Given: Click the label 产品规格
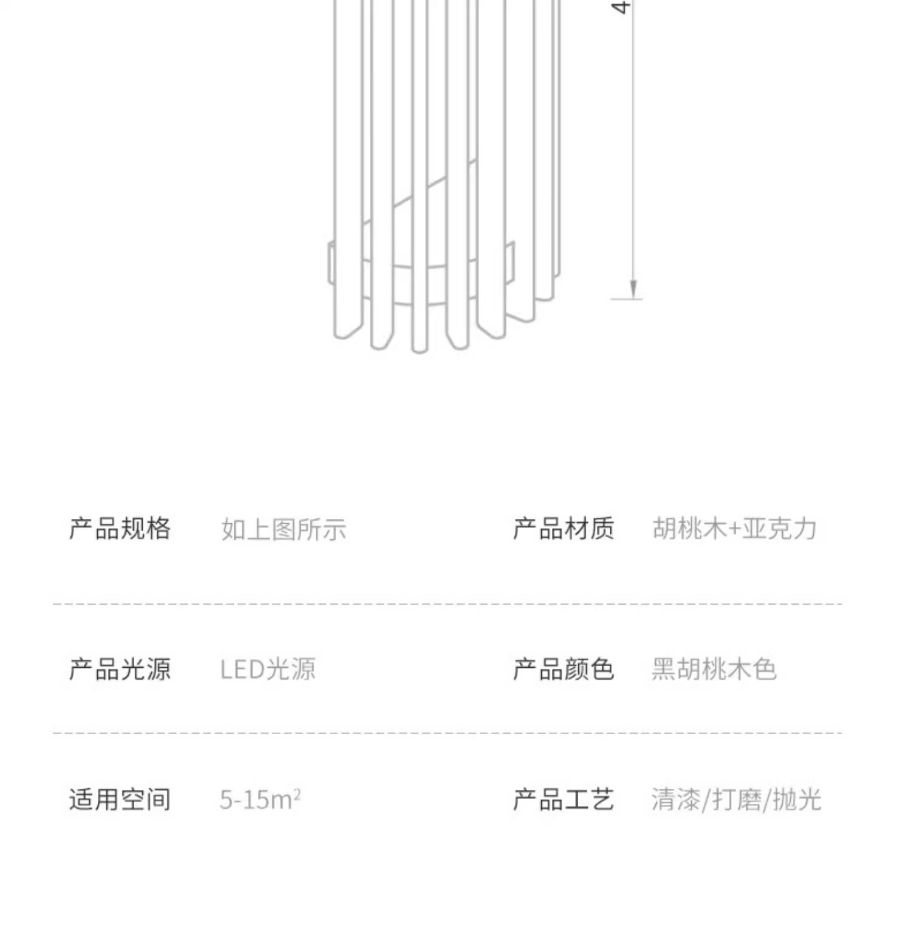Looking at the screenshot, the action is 120,529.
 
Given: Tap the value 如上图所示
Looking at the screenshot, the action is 284,530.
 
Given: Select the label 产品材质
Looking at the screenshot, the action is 563,529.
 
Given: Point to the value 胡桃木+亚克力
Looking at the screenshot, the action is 734,529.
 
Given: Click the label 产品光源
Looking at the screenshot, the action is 120,669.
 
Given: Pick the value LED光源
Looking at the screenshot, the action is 268,670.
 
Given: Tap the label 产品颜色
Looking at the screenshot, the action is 563,669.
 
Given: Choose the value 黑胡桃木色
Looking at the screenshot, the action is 714,669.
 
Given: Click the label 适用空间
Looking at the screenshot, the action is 120,799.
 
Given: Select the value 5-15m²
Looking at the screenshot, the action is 260,800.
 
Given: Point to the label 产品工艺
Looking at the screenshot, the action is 563,799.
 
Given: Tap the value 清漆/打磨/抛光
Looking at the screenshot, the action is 736,800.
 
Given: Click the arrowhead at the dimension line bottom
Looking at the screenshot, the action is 633,289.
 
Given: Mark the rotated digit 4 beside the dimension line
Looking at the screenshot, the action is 619,7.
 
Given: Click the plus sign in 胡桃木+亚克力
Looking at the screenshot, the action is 734,529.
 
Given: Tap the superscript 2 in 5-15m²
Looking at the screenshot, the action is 297,792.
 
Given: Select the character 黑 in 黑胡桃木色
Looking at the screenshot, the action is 664,669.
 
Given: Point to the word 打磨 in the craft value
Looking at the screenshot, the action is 736,800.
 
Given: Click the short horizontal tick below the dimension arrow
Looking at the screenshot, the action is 627,300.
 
